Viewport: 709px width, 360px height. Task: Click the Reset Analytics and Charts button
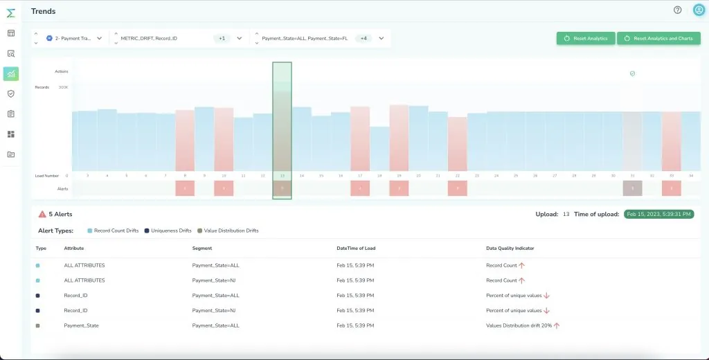pyautogui.click(x=658, y=38)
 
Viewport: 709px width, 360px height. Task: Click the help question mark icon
pyautogui.click(x=678, y=10)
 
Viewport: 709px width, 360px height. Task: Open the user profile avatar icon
pyautogui.click(x=698, y=10)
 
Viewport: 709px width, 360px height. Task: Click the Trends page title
pyautogui.click(x=43, y=11)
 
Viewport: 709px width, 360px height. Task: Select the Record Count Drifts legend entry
pyautogui.click(x=114, y=231)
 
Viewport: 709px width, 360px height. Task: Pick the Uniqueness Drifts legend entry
pyautogui.click(x=169, y=231)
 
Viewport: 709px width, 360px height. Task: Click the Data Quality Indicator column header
pyautogui.click(x=510, y=248)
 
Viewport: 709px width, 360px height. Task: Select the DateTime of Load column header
pyautogui.click(x=356, y=248)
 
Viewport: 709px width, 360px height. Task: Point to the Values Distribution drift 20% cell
pyautogui.click(x=519, y=325)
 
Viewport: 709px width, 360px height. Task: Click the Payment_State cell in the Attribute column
pyautogui.click(x=81, y=325)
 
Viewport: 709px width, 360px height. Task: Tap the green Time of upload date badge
pyautogui.click(x=658, y=215)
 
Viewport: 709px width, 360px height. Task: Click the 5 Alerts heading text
pyautogui.click(x=60, y=215)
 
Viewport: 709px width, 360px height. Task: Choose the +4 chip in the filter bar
pyautogui.click(x=364, y=38)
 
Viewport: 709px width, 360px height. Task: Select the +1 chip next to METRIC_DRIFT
pyautogui.click(x=222, y=38)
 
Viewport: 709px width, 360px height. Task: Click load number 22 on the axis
pyautogui.click(x=458, y=176)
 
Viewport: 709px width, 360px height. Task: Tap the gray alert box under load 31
pyautogui.click(x=632, y=188)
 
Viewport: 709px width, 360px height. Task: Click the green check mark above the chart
pyautogui.click(x=632, y=73)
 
